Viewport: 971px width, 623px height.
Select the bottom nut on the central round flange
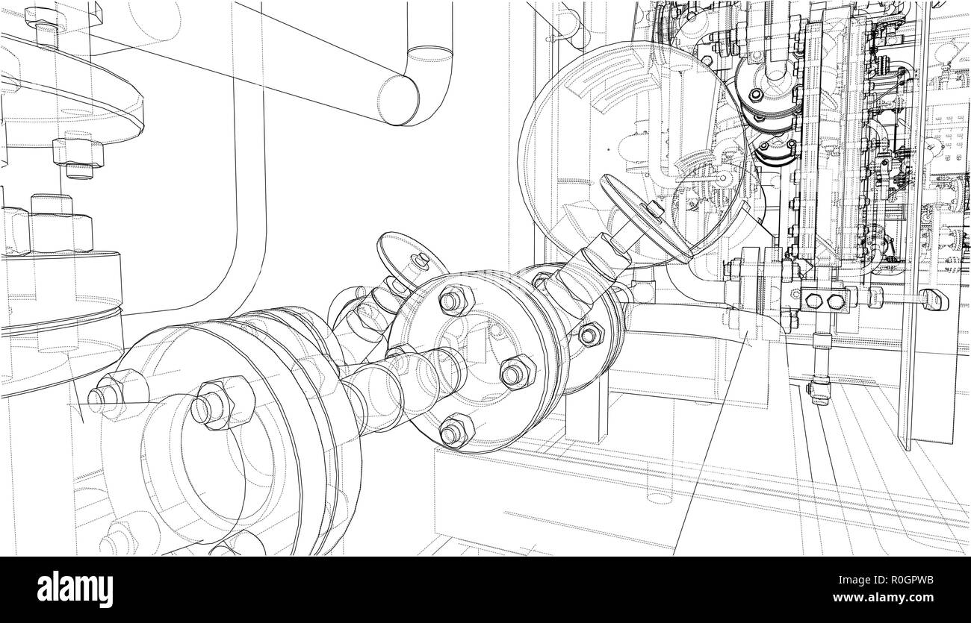(x=455, y=431)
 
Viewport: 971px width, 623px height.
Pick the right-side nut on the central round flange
(x=516, y=371)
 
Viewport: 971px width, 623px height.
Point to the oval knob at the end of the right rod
(x=934, y=299)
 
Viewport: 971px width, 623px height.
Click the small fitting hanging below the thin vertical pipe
(x=820, y=390)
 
